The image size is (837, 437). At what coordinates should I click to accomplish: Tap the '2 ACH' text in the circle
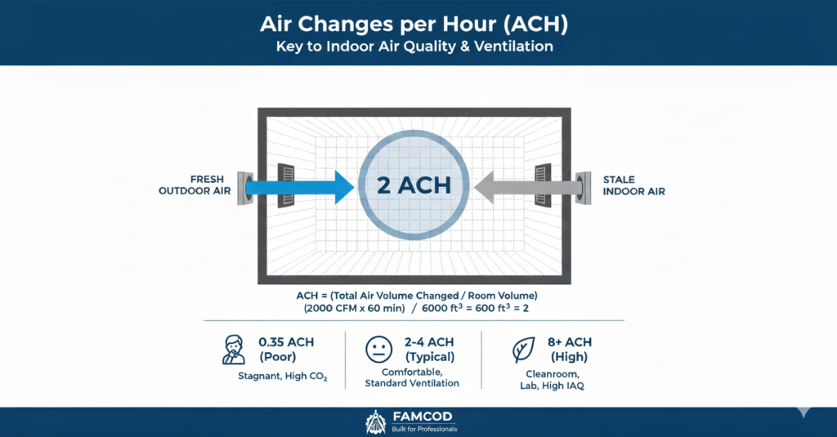(414, 184)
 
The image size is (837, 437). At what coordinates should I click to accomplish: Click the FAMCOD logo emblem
(376, 422)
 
